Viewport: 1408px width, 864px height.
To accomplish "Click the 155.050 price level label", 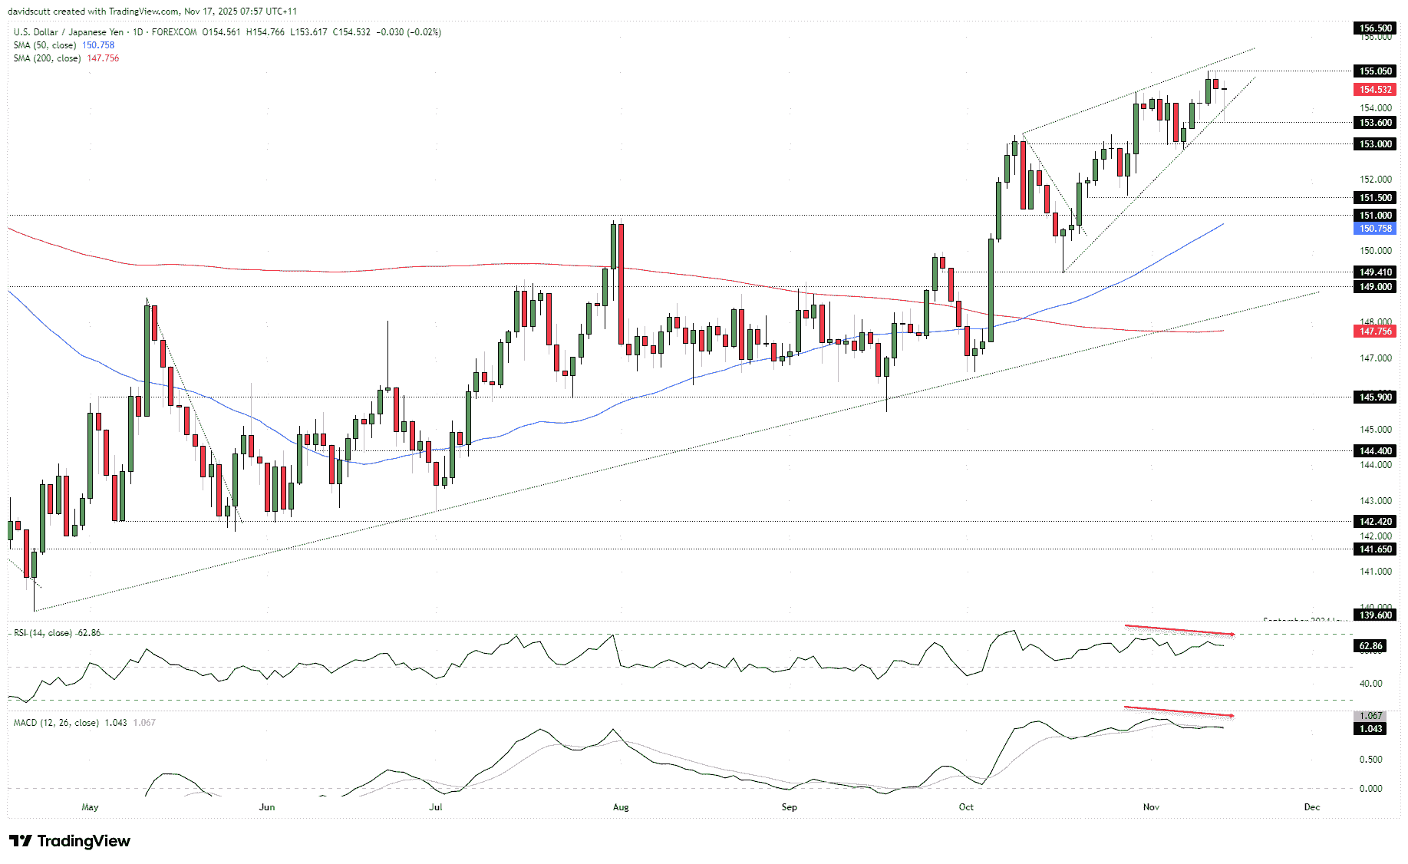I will pyautogui.click(x=1375, y=71).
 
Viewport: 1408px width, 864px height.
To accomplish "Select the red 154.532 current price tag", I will pyautogui.click(x=1375, y=90).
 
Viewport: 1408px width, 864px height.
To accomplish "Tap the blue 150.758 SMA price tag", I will pyautogui.click(x=1375, y=229).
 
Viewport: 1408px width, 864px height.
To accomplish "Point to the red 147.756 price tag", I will pyautogui.click(x=1375, y=331).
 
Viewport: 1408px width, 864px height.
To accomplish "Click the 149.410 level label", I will pyautogui.click(x=1375, y=272).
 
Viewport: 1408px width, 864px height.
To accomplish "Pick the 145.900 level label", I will pyautogui.click(x=1375, y=397).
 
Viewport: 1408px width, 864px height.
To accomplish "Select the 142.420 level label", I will pyautogui.click(x=1375, y=522).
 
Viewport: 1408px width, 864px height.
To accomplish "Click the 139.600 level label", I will pyautogui.click(x=1375, y=615).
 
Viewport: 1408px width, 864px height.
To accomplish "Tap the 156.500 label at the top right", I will pyautogui.click(x=1375, y=28).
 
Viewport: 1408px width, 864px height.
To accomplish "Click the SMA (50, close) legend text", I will pyautogui.click(x=45, y=45).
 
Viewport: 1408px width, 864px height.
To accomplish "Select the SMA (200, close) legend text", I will pyautogui.click(x=47, y=58).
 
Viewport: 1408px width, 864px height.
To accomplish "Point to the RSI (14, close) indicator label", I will pyautogui.click(x=43, y=633).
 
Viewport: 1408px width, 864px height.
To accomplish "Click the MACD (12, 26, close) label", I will pyautogui.click(x=56, y=723).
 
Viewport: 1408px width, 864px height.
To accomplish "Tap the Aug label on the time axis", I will pyautogui.click(x=621, y=807).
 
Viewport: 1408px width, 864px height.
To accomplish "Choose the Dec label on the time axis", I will pyautogui.click(x=1312, y=807).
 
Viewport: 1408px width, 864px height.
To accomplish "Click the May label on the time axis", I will pyautogui.click(x=90, y=807).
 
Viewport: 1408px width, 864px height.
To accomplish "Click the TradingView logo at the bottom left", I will pyautogui.click(x=70, y=841).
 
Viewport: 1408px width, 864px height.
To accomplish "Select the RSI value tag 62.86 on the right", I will pyautogui.click(x=1370, y=646).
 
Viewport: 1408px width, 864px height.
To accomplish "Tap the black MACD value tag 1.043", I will pyautogui.click(x=1370, y=729).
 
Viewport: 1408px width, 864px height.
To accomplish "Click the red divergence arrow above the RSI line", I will pyautogui.click(x=1179, y=631).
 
